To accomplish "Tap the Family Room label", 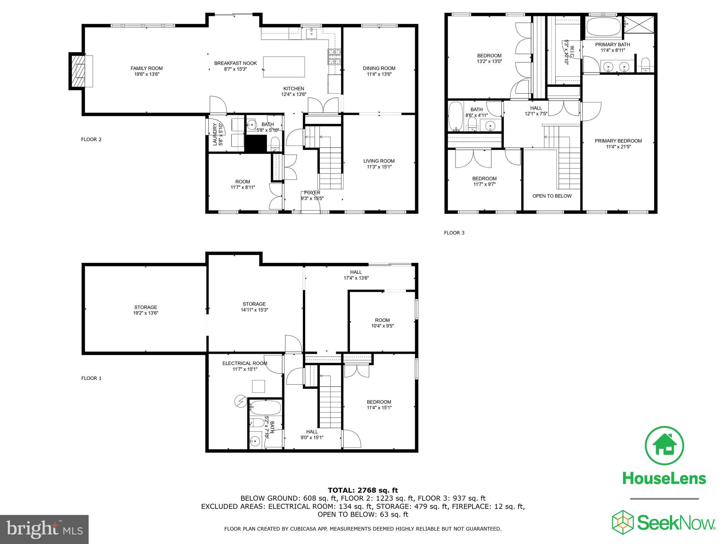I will click(x=146, y=68).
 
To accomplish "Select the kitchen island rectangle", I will click(x=284, y=67).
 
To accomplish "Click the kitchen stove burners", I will click(x=334, y=57).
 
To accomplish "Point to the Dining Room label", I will click(x=379, y=68).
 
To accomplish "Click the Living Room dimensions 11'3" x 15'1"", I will click(x=379, y=167).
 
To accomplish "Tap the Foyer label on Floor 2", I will click(x=312, y=193).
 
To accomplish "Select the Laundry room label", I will click(x=215, y=134).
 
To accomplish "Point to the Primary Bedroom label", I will click(x=618, y=141).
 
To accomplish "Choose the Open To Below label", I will click(x=552, y=196).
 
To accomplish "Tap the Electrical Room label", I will click(x=245, y=363).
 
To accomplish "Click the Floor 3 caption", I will click(x=454, y=233).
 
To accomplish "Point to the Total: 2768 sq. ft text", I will click(x=363, y=490).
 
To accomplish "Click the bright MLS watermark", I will click(x=44, y=529).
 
